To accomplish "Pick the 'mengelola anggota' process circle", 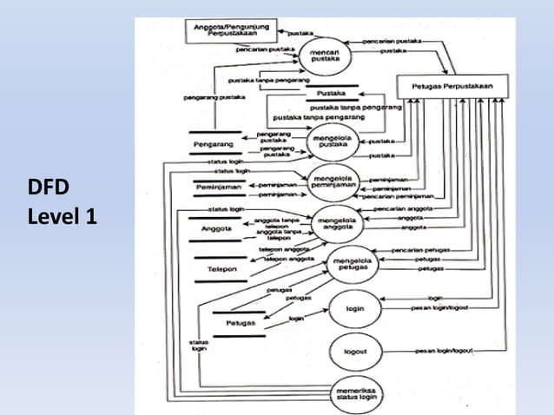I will click(x=339, y=224).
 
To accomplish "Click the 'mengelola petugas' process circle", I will click(x=353, y=264).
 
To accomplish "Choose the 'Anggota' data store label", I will click(x=214, y=229).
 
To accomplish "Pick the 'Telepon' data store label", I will click(x=222, y=270).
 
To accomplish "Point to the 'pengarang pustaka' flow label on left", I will click(x=210, y=98).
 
